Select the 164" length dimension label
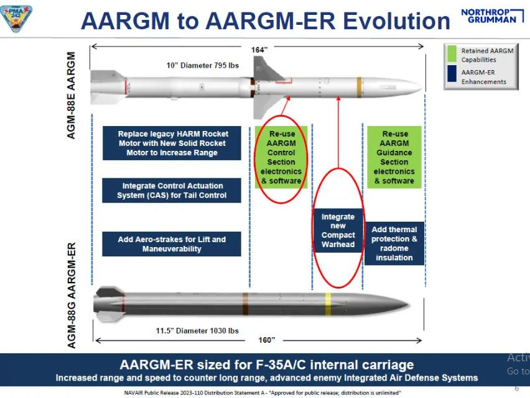tap(259, 50)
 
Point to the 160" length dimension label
tap(267, 340)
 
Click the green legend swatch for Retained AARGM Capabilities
tap(452, 55)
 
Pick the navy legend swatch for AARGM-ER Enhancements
tap(452, 76)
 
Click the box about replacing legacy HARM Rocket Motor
tap(172, 143)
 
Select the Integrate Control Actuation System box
tap(172, 191)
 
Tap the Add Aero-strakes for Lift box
tap(172, 243)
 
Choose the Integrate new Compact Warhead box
tap(338, 230)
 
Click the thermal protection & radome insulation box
tap(394, 243)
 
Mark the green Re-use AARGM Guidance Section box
tap(394, 157)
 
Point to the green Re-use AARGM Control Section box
tap(281, 157)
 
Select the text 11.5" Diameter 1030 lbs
tap(197, 330)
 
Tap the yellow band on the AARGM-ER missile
tap(328, 301)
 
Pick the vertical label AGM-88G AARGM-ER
tap(72, 295)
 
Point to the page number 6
tap(516, 388)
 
